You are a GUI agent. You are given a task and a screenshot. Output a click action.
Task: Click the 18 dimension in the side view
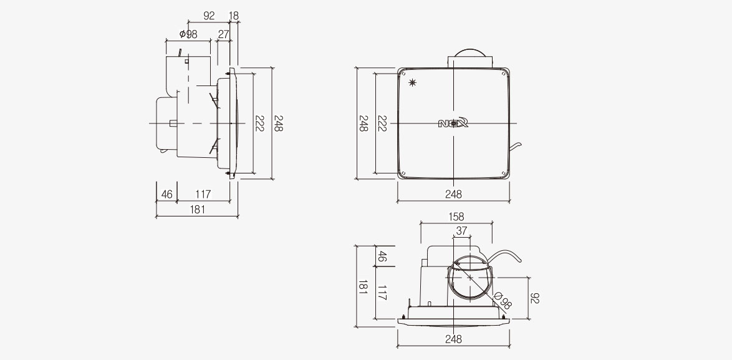[234, 16]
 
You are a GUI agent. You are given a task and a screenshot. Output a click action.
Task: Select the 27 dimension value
[224, 34]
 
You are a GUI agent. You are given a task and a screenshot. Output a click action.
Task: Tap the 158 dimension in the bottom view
[456, 216]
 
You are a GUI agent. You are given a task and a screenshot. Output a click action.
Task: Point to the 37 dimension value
[461, 231]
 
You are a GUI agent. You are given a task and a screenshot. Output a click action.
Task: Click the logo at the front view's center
[453, 123]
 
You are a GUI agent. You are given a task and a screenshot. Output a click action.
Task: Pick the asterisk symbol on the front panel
[412, 83]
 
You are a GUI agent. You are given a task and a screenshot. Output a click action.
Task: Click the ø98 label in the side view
[188, 34]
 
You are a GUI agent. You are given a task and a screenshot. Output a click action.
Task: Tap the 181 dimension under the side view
[198, 210]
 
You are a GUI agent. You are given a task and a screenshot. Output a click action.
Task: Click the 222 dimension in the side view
[259, 123]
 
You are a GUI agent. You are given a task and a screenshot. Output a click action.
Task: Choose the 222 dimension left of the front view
[382, 124]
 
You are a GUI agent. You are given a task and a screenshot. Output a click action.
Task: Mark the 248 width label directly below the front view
[453, 194]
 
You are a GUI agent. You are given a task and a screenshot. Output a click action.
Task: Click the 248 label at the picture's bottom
[453, 339]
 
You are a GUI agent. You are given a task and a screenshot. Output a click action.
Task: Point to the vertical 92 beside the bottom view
[534, 298]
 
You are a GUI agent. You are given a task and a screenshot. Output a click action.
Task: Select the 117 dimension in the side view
[203, 194]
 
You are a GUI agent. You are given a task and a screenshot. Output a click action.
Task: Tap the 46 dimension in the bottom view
[382, 256]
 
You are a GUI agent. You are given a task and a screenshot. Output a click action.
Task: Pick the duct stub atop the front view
[469, 59]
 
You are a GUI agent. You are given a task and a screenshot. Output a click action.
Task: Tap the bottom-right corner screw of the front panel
[504, 173]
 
